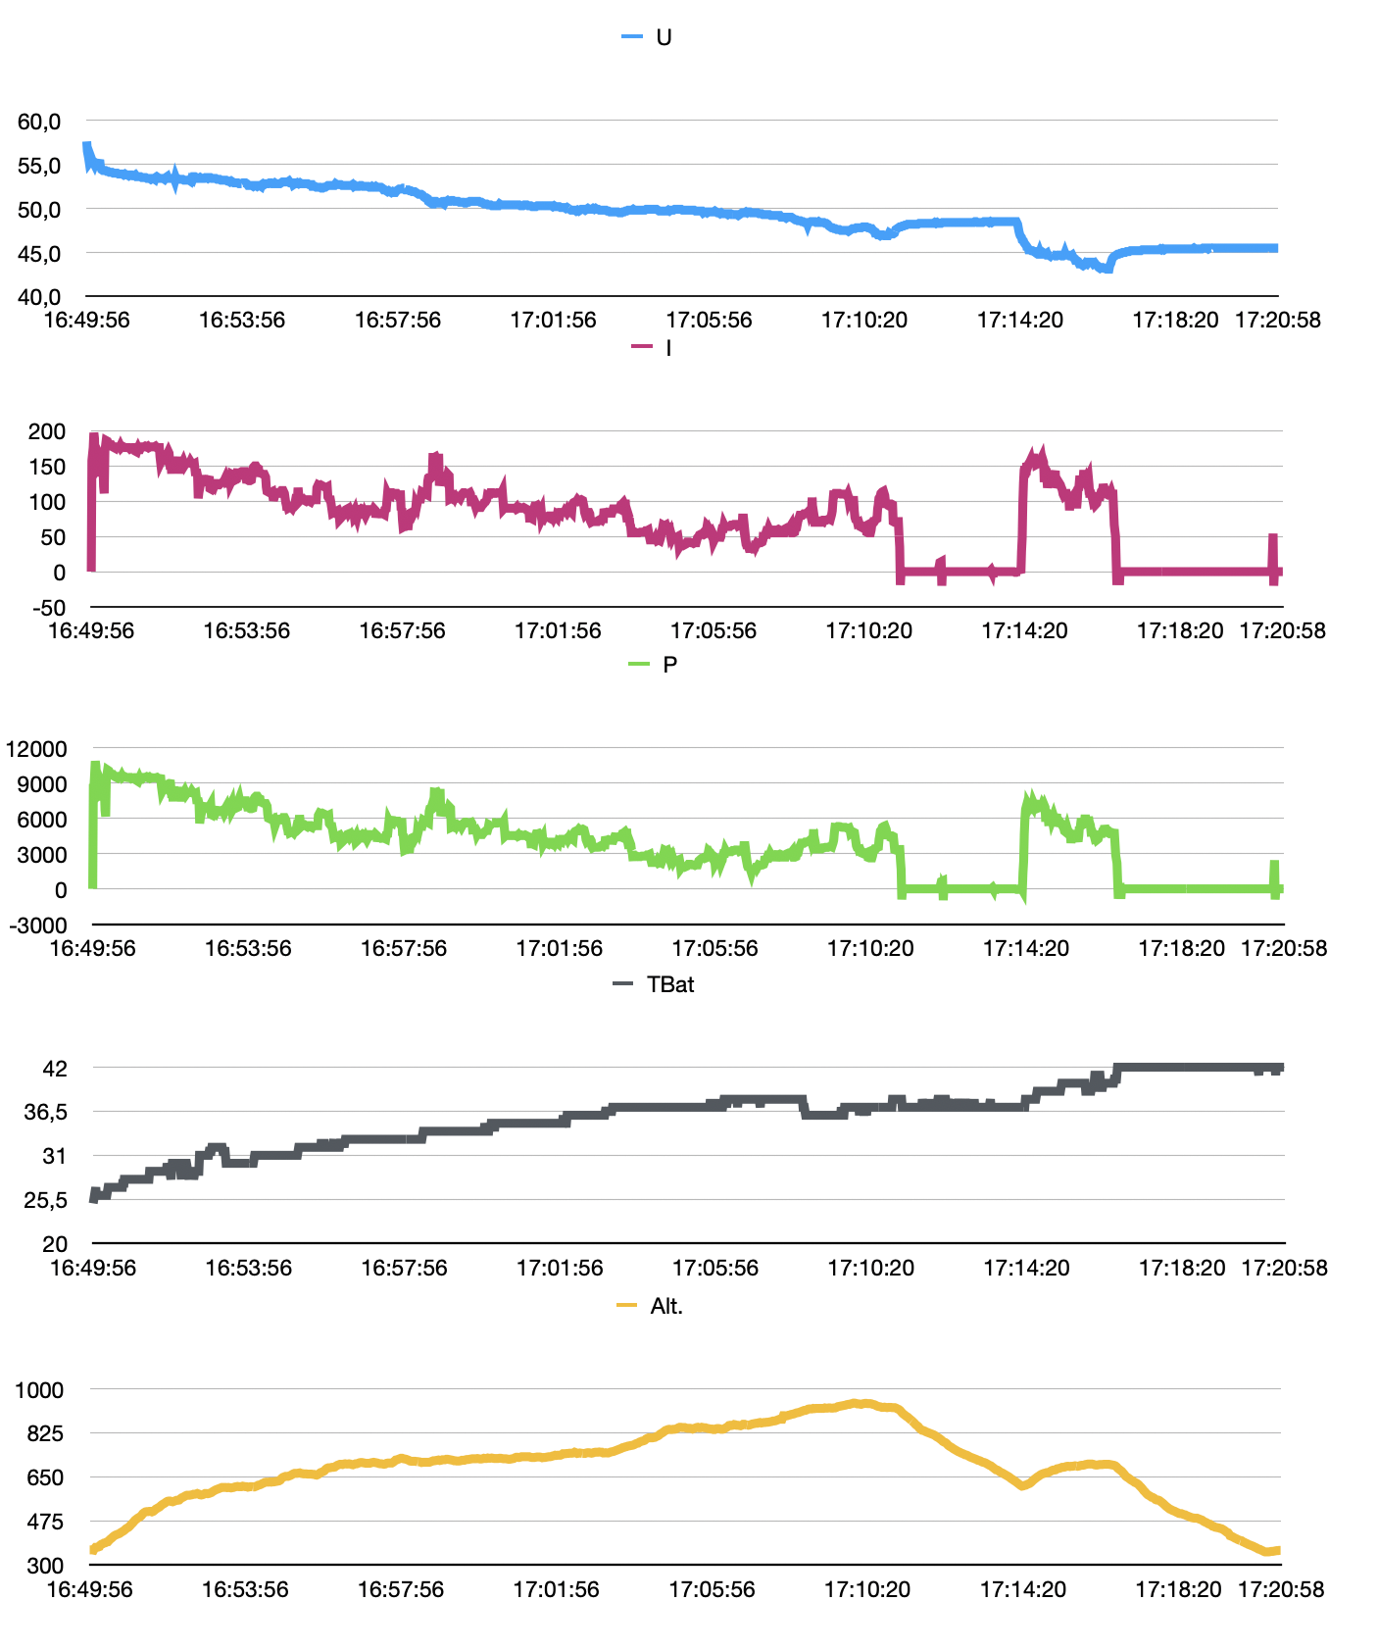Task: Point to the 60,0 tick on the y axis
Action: click(x=39, y=122)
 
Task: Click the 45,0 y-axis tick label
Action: click(x=39, y=254)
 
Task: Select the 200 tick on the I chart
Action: click(x=47, y=431)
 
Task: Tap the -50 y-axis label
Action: click(x=48, y=608)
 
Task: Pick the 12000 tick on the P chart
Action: click(x=37, y=749)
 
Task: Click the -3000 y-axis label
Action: click(x=37, y=926)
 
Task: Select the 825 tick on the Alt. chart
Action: click(x=45, y=1433)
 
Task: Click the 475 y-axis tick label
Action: click(x=45, y=1522)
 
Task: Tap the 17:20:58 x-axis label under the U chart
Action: click(x=1277, y=320)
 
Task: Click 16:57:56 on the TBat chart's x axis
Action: click(x=404, y=1268)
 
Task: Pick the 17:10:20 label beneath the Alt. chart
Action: click(x=867, y=1589)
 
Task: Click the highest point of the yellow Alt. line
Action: click(x=857, y=1403)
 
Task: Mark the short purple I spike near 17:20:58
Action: click(x=1274, y=549)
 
